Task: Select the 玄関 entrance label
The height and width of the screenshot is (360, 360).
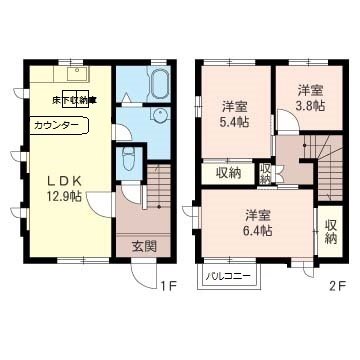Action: click(x=142, y=246)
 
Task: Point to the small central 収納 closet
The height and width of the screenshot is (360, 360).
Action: click(x=265, y=172)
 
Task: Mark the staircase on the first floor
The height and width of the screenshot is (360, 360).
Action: click(x=158, y=190)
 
